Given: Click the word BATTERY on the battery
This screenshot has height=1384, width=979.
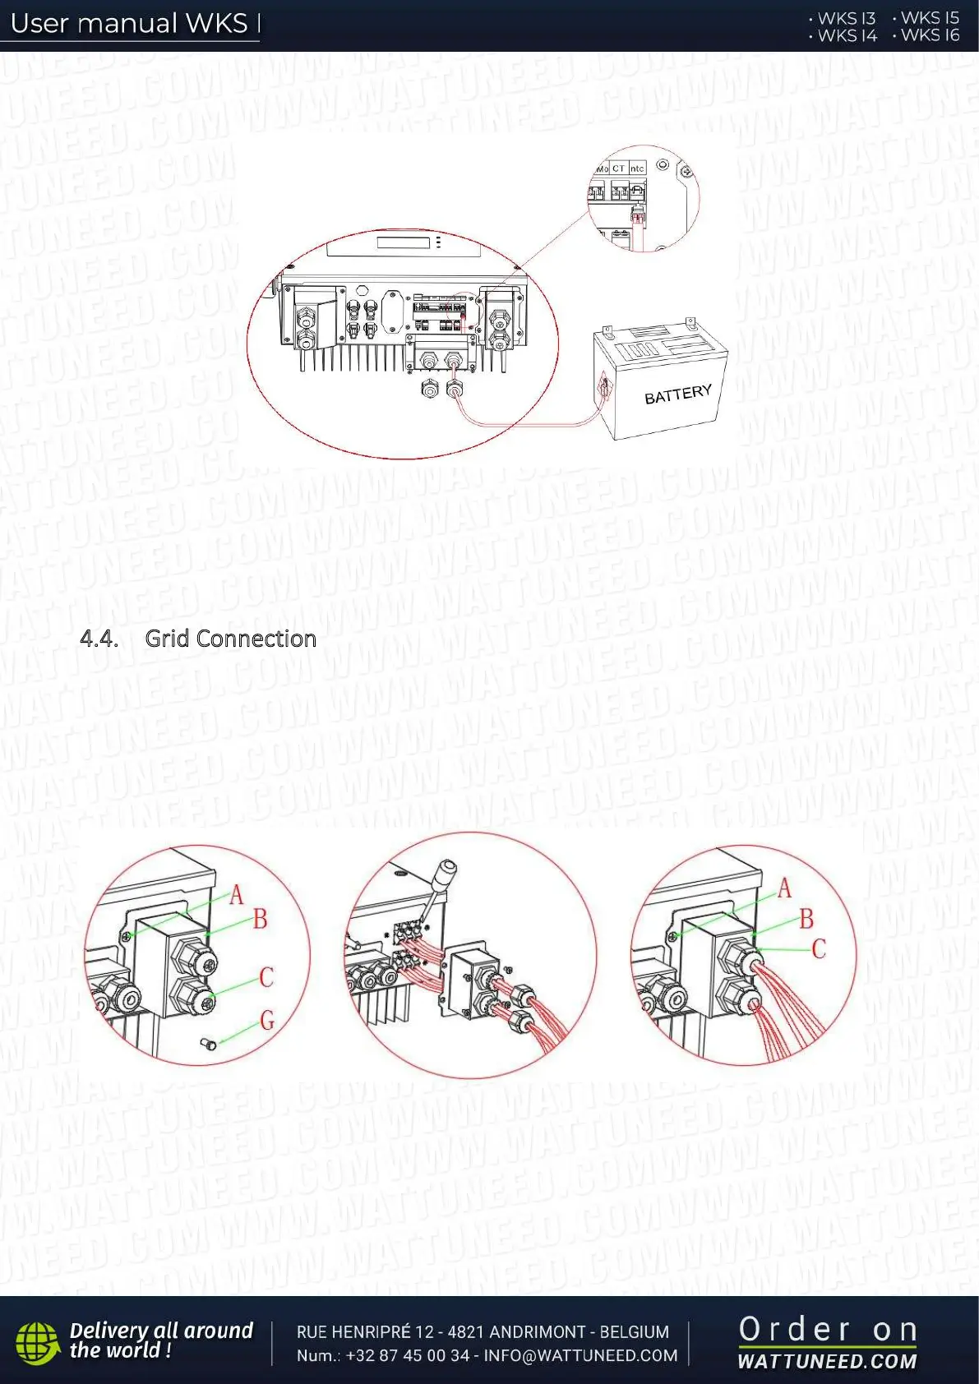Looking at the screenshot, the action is [677, 394].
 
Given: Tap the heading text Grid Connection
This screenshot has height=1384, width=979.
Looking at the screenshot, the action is [230, 639].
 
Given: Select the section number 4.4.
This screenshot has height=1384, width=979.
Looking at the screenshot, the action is [99, 639].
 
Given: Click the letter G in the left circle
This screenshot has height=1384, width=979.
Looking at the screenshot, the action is [267, 1021].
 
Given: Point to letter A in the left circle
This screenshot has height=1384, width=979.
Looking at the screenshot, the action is [237, 894].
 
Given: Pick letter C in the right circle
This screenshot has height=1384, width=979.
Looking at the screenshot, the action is [819, 949].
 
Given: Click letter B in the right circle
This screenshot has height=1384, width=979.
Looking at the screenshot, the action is [806, 919].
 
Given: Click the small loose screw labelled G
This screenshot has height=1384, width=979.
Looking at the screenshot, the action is [207, 1044].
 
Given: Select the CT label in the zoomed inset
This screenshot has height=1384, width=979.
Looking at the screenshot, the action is [618, 168].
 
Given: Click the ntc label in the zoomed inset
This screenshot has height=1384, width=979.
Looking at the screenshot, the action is [637, 168].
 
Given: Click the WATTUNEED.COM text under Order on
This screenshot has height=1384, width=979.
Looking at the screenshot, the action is [827, 1361].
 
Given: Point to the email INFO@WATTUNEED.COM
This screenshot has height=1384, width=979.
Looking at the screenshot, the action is [580, 1355].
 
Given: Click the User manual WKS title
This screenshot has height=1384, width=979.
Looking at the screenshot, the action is [129, 23].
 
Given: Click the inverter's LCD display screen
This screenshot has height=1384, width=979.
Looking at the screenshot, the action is [404, 242].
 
